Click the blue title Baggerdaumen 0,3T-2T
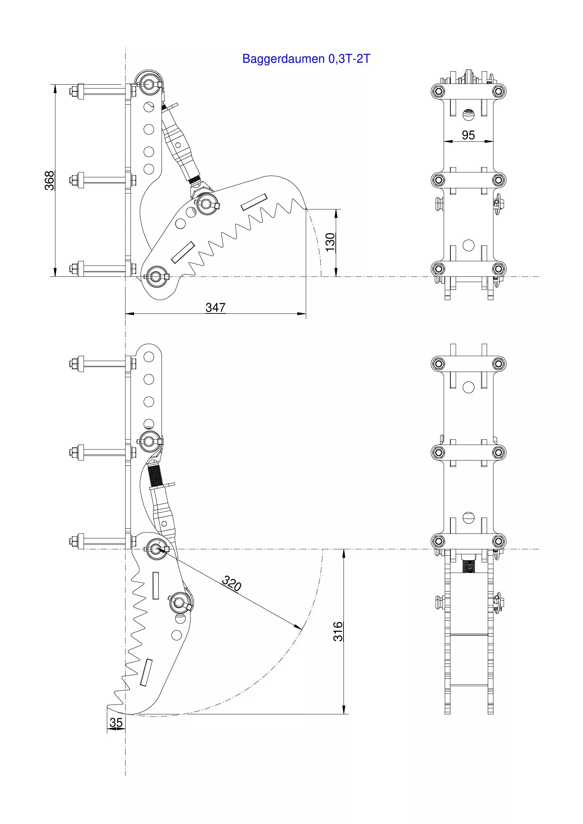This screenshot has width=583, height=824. (x=306, y=59)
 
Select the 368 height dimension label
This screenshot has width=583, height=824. (x=49, y=181)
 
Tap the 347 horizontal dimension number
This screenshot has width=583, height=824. (x=215, y=307)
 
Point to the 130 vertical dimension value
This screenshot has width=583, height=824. (x=330, y=242)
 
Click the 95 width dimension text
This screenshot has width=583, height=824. (x=468, y=135)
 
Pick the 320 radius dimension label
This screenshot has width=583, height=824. (x=232, y=584)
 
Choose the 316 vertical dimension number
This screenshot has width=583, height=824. (x=338, y=631)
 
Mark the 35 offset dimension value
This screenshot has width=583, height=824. (x=116, y=722)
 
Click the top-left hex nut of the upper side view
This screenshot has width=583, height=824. (x=74, y=92)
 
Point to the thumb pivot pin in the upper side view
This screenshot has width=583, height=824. (x=156, y=276)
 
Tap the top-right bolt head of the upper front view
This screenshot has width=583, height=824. (x=498, y=91)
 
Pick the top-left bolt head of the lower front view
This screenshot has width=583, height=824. (x=438, y=364)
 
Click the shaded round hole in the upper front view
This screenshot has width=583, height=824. (x=468, y=115)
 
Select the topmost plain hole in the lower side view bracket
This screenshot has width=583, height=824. (x=148, y=357)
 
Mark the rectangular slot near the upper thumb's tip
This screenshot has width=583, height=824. (x=254, y=202)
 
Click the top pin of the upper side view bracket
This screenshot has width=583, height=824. (x=149, y=84)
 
